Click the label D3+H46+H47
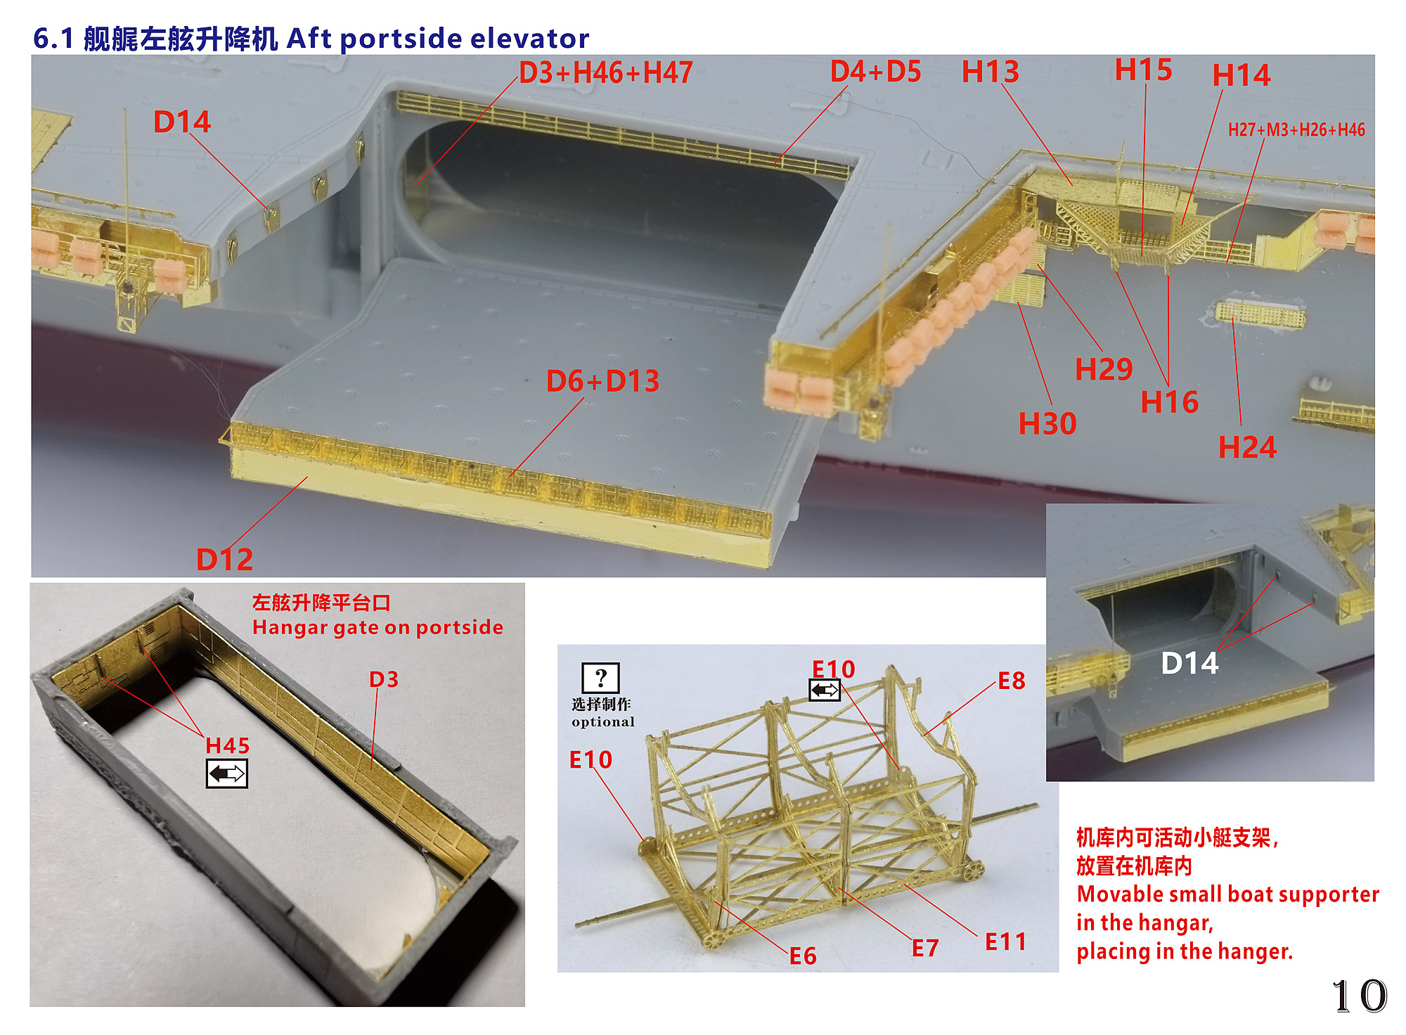click(606, 72)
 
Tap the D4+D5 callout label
click(876, 71)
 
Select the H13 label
click(991, 72)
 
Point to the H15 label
click(1144, 70)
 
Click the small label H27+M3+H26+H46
click(1296, 129)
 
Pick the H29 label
click(1104, 369)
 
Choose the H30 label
click(1047, 424)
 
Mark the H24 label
click(1247, 447)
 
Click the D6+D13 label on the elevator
click(603, 381)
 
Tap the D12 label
click(224, 560)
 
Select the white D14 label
click(1189, 663)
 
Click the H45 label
click(227, 745)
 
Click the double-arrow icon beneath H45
click(227, 773)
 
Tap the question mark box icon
click(600, 678)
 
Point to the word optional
click(603, 722)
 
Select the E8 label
click(1012, 681)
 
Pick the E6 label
click(803, 956)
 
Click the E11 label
click(1005, 942)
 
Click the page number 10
click(1360, 996)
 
